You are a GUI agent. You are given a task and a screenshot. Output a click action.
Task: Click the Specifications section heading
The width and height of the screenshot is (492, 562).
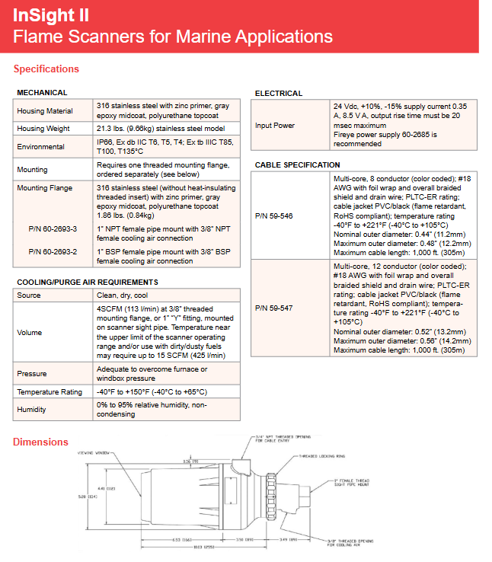pos(46,69)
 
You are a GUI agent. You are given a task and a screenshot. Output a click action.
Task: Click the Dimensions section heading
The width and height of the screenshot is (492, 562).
pos(40,442)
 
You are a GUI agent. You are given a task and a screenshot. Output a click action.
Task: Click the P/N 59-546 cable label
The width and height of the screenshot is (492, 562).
pos(273,216)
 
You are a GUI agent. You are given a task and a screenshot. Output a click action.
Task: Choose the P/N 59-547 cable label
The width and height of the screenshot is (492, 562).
pos(273,308)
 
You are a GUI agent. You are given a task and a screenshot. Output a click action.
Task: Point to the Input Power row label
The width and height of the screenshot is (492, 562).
pos(274,126)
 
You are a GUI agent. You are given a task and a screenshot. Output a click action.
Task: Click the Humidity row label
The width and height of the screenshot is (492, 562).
pos(31,410)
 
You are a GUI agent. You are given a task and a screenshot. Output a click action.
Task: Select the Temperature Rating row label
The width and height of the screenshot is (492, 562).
pos(50,391)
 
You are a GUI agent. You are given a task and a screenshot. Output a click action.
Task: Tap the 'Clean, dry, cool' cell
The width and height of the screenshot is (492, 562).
pos(122,295)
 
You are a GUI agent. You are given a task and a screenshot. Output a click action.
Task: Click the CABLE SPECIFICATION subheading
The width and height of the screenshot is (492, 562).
pos(297,164)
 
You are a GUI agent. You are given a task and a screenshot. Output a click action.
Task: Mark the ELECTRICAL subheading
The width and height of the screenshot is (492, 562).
pos(279,93)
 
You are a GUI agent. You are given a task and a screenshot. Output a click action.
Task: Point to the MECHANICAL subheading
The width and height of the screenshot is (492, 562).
pos(43,93)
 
